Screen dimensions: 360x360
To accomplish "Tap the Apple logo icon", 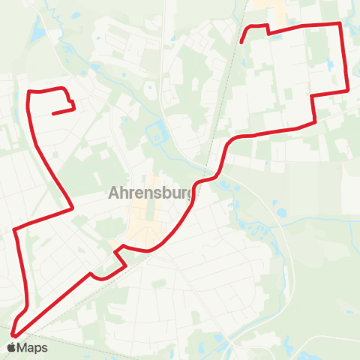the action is pos(11,347).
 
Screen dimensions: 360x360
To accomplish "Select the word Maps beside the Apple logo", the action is pos(32,347).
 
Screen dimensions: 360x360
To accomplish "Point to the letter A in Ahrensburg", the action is pos(115,193).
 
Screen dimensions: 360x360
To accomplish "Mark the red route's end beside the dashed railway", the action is pos(241,42).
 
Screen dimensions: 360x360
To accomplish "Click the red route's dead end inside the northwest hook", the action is pos(53,114).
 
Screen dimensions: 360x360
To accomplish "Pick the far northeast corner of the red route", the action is pos(340,24).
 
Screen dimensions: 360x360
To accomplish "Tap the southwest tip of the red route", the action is pos(13,335).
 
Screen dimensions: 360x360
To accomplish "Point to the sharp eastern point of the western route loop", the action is pos(72,208).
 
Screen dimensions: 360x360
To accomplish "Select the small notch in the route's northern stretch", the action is pos(268,30).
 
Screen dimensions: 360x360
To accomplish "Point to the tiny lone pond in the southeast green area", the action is pos(349,311).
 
